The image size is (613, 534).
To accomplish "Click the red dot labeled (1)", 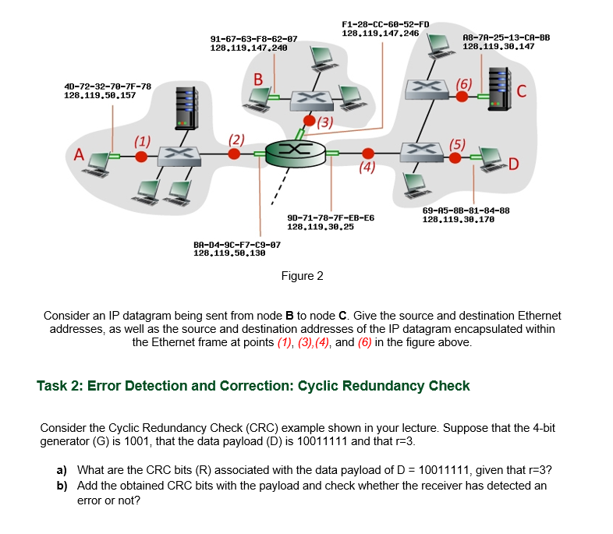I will [x=141, y=156].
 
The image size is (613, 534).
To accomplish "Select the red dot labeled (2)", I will [x=235, y=154].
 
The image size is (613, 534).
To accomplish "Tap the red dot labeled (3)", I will [x=310, y=122].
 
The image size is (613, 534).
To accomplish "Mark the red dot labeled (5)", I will [x=456, y=157].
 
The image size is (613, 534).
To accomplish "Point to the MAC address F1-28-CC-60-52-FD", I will [x=386, y=25].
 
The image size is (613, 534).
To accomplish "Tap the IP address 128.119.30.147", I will [x=498, y=47].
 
